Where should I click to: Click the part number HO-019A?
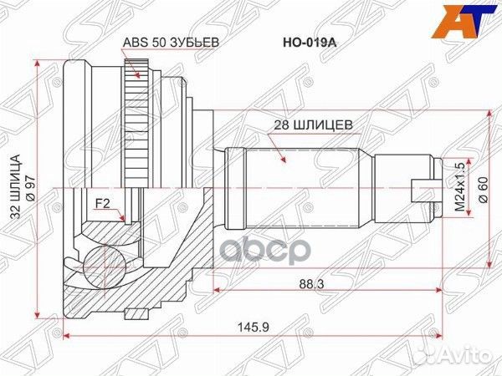pos(310,43)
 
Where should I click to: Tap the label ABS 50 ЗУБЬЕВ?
pos(172,43)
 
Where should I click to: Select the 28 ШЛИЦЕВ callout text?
pos(313,125)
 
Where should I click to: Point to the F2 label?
pos(102,203)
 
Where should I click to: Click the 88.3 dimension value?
pos(311,283)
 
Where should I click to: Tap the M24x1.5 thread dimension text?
pos(460,187)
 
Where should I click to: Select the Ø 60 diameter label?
pos(483,190)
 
